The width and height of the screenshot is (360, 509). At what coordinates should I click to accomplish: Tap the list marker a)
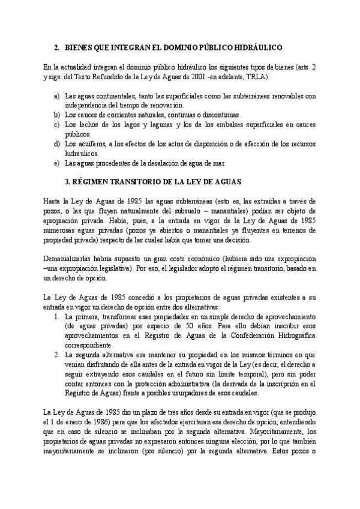pyautogui.click(x=56, y=96)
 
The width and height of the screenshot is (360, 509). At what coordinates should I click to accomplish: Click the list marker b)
pyautogui.click(x=56, y=114)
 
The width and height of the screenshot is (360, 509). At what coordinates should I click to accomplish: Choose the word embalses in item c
pyautogui.click(x=236, y=124)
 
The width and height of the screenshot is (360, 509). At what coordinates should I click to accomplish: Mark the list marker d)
pyautogui.click(x=56, y=145)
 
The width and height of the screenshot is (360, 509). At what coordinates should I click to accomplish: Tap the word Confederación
pyautogui.click(x=235, y=336)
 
